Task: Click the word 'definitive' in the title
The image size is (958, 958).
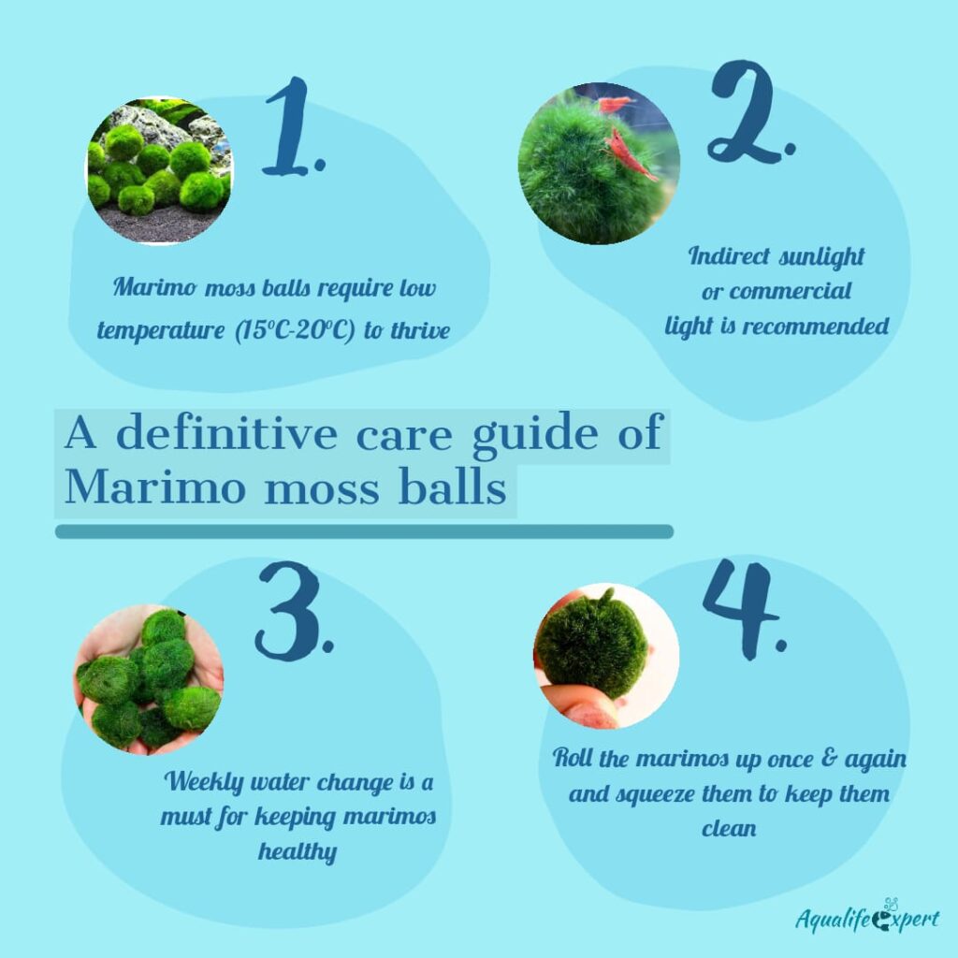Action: pyautogui.click(x=234, y=435)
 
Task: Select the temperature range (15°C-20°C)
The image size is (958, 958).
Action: pyautogui.click(x=290, y=331)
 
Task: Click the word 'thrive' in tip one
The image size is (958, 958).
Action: pyautogui.click(x=416, y=331)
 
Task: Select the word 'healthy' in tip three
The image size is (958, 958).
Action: pyautogui.click(x=298, y=851)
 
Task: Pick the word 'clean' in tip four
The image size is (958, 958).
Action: pyautogui.click(x=729, y=829)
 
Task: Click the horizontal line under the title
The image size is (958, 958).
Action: pyautogui.click(x=364, y=531)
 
